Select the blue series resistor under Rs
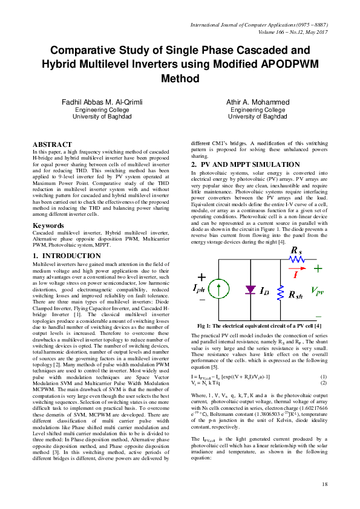click(296, 259)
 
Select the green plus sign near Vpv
click(317, 268)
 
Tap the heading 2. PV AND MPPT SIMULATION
click(246, 164)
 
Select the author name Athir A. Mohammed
click(258, 102)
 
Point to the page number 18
click(324, 484)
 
